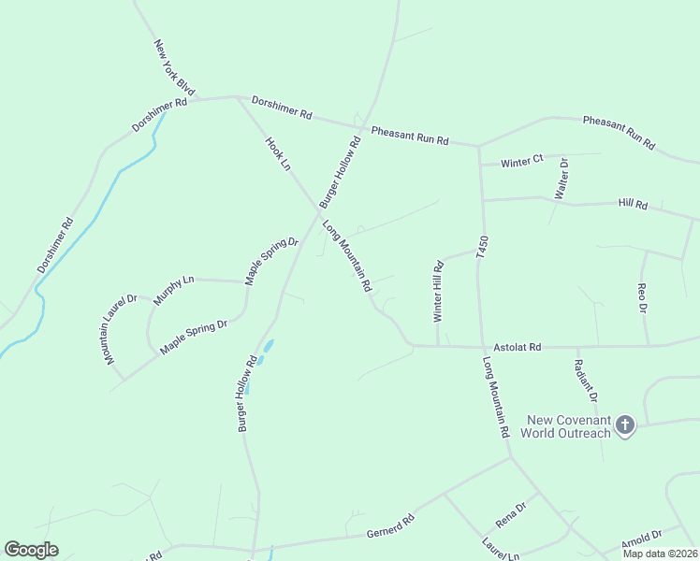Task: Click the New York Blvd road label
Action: coord(175,68)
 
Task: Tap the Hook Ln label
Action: coord(279,154)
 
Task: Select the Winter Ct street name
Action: coord(522,162)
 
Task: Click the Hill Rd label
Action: coord(634,204)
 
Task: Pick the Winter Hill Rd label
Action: coord(438,292)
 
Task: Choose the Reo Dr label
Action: coord(642,297)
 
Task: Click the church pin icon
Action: coord(625,426)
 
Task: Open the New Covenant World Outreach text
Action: coord(569,426)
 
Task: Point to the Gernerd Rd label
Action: coord(396,525)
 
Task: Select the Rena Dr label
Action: coord(512,513)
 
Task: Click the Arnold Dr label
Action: coord(641,539)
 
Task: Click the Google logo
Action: coord(31,550)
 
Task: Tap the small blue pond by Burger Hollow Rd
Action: coord(266,352)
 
